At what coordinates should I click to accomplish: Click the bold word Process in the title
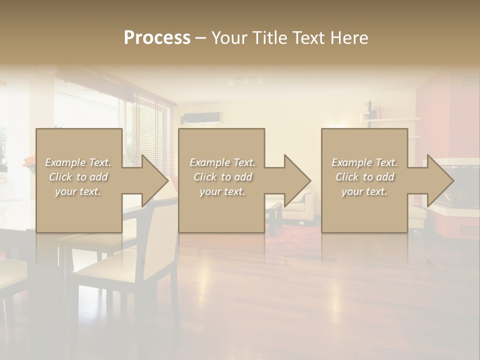157,38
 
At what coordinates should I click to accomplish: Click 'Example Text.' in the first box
78,162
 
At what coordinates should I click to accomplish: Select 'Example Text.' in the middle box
222,162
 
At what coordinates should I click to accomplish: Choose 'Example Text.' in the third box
364,162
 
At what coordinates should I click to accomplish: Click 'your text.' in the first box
78,191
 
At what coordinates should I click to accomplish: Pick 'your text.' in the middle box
222,191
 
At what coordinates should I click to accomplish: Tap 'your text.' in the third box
364,191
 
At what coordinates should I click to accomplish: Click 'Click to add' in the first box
78,177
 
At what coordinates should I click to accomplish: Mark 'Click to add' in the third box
364,177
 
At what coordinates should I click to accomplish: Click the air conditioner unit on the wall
201,118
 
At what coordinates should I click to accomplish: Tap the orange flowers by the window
29,161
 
